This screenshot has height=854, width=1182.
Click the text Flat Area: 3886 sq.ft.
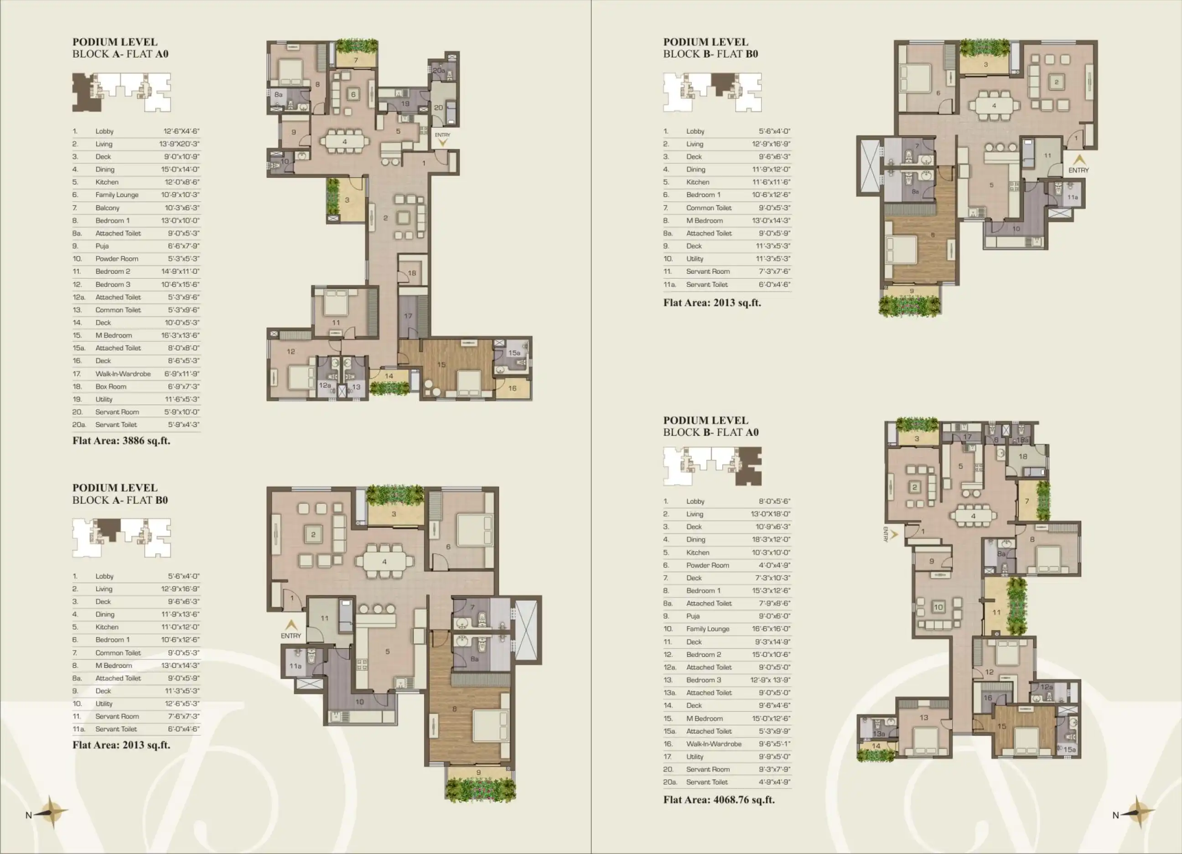[121, 441]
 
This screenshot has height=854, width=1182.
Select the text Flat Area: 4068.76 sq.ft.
[719, 800]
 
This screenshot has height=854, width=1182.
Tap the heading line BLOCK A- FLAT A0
[120, 54]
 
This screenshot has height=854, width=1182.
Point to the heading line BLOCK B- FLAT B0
[710, 54]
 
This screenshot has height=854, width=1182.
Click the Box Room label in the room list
[110, 386]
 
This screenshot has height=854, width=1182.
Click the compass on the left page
[51, 812]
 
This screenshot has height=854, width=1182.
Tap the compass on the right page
[1138, 812]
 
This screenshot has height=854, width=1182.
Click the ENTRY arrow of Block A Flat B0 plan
[291, 624]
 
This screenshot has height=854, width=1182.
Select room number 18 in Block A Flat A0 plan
[412, 273]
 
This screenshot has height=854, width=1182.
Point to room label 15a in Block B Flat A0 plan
[1069, 749]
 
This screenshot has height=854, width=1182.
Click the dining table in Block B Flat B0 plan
[994, 106]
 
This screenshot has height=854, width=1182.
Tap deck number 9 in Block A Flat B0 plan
[478, 773]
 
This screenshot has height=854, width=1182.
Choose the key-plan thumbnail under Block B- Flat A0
[712, 466]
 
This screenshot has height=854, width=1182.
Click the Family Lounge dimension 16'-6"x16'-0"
[771, 629]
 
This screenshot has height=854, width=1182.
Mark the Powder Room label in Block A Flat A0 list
[117, 259]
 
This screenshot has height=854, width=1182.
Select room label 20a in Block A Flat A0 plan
[439, 70]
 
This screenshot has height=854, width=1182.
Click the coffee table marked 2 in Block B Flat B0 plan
[1057, 82]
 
